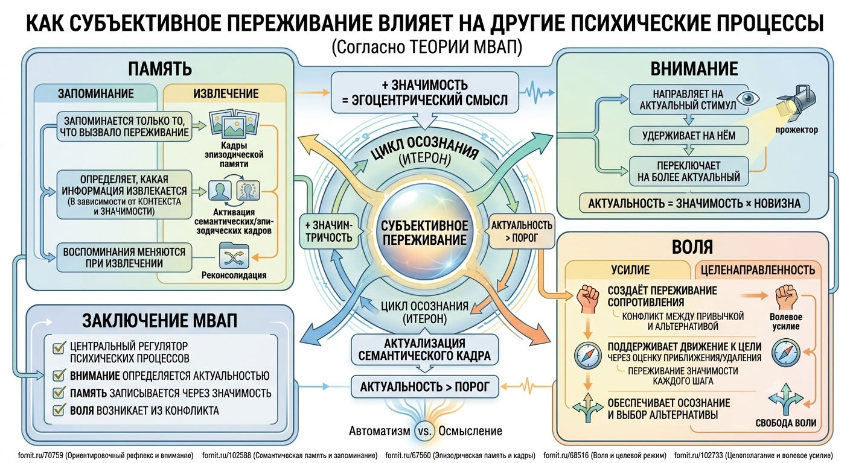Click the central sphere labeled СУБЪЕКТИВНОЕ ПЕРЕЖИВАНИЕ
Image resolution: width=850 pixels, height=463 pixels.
tap(424, 233)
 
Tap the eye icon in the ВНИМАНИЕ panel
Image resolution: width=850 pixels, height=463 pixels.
tap(748, 98)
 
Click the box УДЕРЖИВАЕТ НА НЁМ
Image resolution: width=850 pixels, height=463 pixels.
tap(689, 136)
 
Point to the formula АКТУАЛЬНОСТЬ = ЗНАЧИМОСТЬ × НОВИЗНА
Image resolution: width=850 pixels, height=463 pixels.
tap(694, 203)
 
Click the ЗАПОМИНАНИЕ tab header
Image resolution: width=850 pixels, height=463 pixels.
tap(95, 93)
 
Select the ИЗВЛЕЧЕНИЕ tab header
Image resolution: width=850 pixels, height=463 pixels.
tap(226, 93)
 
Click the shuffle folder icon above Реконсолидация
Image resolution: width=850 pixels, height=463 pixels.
tap(234, 256)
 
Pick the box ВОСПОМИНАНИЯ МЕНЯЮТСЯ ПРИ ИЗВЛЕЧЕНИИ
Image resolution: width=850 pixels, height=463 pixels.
tap(124, 257)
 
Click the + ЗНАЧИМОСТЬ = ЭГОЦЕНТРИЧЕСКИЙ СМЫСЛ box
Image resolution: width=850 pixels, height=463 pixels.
tap(424, 92)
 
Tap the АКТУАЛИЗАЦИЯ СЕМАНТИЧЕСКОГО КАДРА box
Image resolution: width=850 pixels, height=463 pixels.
tap(424, 350)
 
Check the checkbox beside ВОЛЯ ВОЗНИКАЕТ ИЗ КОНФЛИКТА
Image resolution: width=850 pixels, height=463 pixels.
tap(59, 410)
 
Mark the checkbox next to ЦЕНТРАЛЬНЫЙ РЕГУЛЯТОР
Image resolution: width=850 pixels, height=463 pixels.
tap(59, 347)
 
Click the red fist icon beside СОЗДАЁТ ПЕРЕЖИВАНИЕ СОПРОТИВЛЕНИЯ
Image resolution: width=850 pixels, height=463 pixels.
tap(588, 299)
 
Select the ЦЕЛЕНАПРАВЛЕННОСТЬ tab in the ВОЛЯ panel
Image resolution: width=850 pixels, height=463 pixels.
tap(758, 269)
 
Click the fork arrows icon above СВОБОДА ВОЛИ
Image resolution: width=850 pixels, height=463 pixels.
tap(785, 399)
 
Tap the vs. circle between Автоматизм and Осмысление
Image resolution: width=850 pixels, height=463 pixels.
tap(424, 431)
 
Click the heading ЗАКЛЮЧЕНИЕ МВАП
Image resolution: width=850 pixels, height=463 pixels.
tap(160, 321)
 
